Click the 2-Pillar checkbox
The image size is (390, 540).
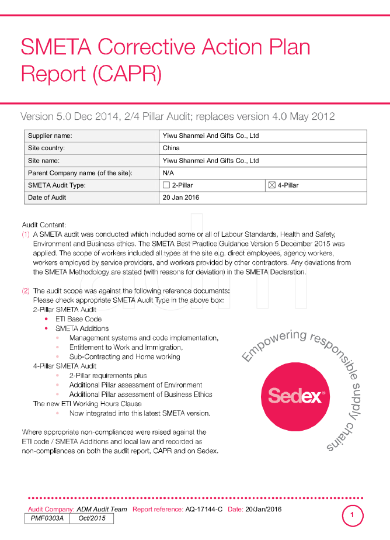click(x=166, y=185)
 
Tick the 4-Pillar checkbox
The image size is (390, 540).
click(x=271, y=185)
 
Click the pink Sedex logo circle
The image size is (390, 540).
click(x=295, y=396)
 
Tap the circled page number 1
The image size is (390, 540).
click(x=352, y=515)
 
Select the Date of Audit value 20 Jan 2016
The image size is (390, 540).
click(x=181, y=198)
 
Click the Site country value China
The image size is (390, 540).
click(x=171, y=148)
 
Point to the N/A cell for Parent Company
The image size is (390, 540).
click(x=168, y=173)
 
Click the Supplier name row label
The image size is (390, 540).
click(x=50, y=136)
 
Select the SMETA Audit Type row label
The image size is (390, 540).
click(x=57, y=185)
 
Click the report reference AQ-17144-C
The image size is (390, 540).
click(x=204, y=509)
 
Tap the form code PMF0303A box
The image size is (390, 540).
click(x=47, y=518)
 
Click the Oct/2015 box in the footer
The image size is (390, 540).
click(x=92, y=518)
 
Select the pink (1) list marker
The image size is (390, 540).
click(x=26, y=234)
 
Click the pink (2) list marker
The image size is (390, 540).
click(x=26, y=291)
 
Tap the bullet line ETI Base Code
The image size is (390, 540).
click(x=78, y=319)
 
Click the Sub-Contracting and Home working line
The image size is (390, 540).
click(x=124, y=356)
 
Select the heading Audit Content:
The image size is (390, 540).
click(x=44, y=225)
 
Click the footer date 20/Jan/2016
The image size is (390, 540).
click(x=263, y=509)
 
